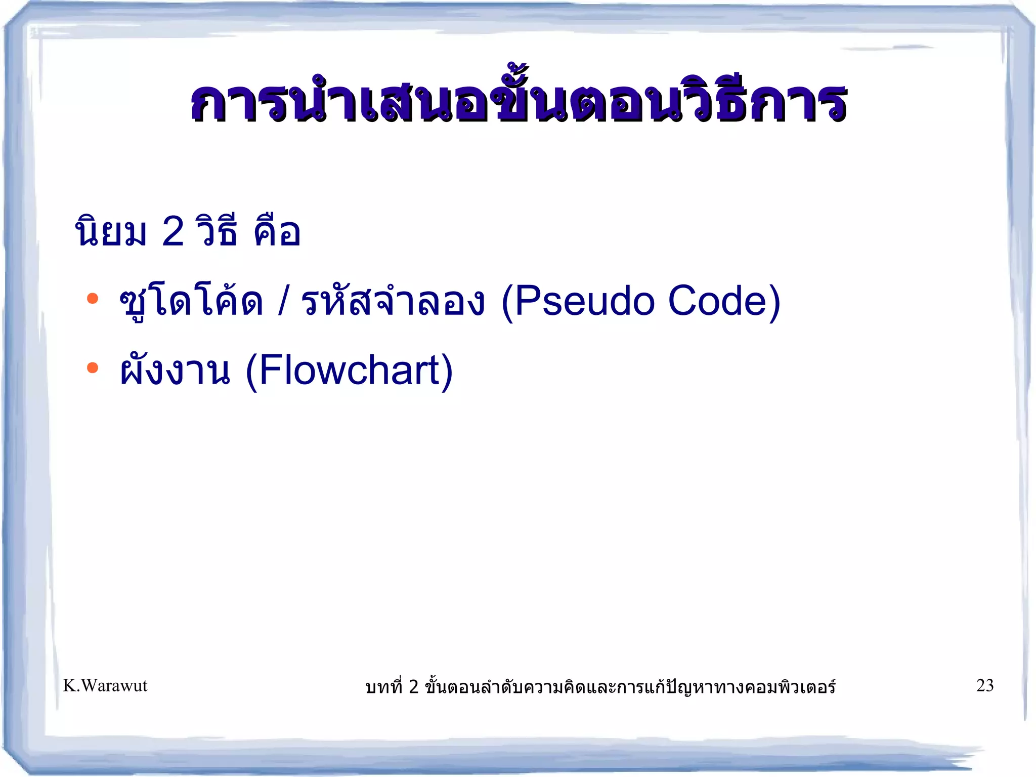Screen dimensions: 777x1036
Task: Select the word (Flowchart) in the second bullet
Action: point(349,371)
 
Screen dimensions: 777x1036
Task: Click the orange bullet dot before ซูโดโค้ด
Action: point(92,298)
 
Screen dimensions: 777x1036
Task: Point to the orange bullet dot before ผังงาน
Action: point(92,367)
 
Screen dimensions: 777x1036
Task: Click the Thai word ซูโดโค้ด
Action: point(191,303)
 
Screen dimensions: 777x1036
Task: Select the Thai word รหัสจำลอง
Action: point(393,303)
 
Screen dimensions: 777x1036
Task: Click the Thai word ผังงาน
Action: point(175,371)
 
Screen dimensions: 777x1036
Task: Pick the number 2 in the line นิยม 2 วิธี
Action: point(172,232)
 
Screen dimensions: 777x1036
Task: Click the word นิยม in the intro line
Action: point(110,232)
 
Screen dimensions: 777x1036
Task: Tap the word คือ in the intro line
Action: point(277,232)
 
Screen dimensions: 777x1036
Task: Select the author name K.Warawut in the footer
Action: point(105,685)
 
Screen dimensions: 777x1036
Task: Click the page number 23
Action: point(984,685)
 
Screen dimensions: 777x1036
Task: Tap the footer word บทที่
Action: point(384,686)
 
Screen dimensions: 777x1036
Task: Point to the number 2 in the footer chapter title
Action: point(413,686)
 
